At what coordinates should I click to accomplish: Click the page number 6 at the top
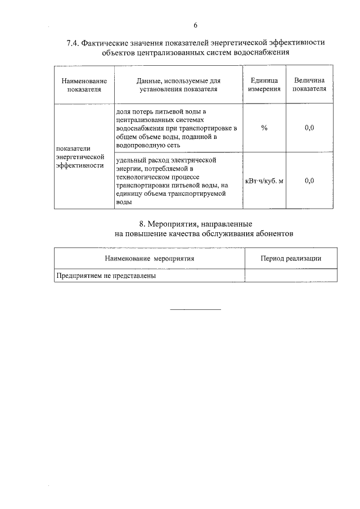[195, 25]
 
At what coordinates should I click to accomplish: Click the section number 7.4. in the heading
[74, 43]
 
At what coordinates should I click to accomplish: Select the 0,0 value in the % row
[309, 128]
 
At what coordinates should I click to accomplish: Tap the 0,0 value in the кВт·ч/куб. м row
[309, 181]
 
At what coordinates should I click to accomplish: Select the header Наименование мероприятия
[149, 258]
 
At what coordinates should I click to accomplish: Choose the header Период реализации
[291, 258]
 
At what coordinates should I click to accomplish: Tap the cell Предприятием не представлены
[105, 276]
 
